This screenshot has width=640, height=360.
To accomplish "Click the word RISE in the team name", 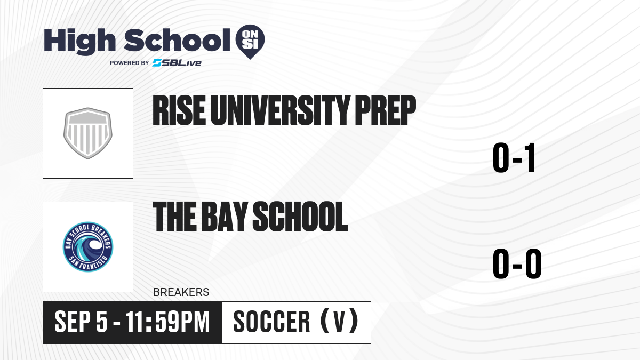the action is (179, 110).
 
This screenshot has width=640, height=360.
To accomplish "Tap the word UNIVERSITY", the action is (281, 110).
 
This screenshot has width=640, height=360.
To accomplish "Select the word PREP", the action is (386, 110).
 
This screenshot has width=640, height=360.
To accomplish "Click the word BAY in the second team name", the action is (225, 216).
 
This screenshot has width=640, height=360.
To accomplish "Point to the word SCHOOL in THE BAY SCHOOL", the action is (300, 216).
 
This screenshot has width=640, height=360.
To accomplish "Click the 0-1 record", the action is (514, 158).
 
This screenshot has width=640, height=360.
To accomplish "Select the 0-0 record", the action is (517, 263).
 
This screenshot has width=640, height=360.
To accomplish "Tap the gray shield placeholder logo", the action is (88, 133).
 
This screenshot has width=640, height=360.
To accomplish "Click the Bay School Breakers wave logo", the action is (88, 247).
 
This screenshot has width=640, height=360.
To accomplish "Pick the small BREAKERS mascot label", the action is (181, 292).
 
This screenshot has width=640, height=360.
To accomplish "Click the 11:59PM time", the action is (167, 322).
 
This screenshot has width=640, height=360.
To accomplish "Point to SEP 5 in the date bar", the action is (81, 322).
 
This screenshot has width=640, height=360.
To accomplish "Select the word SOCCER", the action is (271, 322).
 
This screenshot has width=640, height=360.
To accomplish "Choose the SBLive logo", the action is (177, 63).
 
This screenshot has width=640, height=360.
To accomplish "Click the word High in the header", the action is (79, 41).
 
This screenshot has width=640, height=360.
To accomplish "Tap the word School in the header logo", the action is (177, 40).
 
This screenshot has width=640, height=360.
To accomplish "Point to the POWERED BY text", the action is (130, 63).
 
